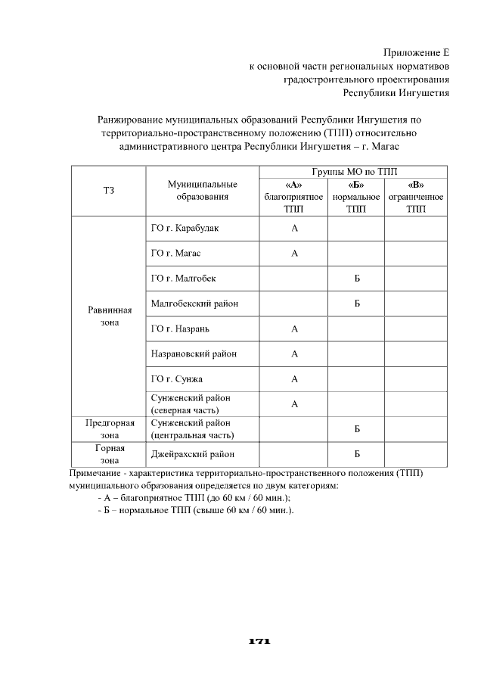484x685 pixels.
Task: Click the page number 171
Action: click(x=259, y=641)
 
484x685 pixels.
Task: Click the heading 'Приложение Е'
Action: click(x=416, y=52)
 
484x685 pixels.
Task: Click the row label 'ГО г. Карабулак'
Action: click(x=185, y=228)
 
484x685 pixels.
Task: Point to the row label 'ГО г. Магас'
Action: click(x=176, y=253)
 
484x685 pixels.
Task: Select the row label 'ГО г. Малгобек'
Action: click(x=184, y=278)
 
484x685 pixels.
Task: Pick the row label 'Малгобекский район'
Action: click(x=194, y=304)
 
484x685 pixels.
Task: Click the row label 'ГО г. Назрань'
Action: click(x=181, y=328)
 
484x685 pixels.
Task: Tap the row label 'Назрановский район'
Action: click(x=194, y=353)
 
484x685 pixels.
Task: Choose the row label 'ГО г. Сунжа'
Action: click(x=177, y=378)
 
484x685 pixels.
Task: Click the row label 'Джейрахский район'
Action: click(x=192, y=454)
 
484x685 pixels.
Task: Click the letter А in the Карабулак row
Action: click(x=294, y=228)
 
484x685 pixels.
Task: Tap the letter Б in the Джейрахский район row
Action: click(x=356, y=454)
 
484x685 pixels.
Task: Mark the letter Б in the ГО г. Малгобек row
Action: click(x=356, y=278)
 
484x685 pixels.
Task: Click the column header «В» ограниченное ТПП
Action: click(x=415, y=197)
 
